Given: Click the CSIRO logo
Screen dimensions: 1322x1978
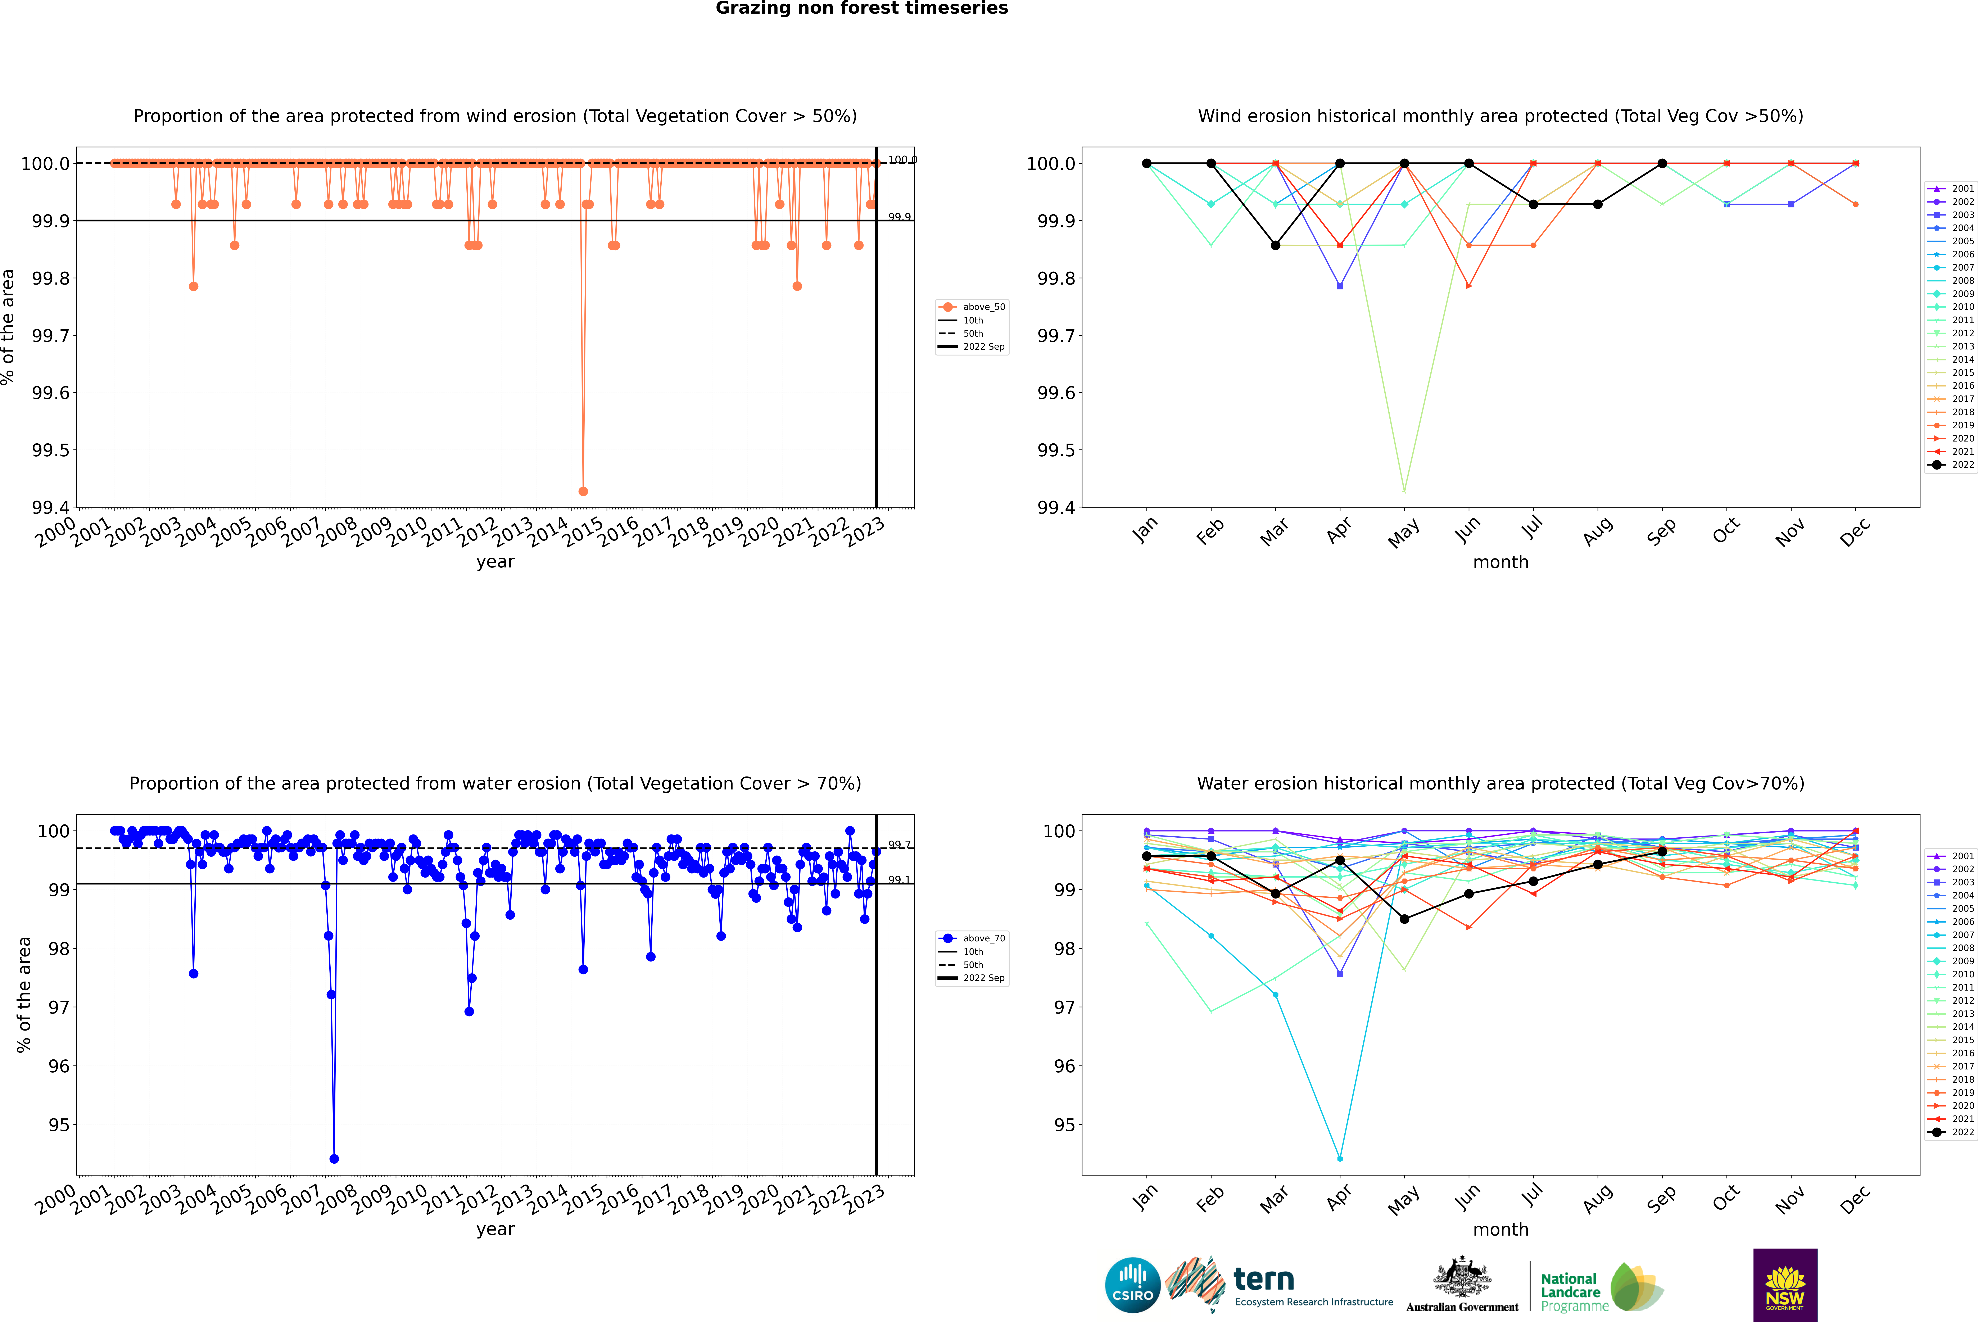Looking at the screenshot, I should (x=1132, y=1285).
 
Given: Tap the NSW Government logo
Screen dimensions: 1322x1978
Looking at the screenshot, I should (x=1785, y=1285).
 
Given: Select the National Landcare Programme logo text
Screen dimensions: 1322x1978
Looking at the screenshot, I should (x=1570, y=1292).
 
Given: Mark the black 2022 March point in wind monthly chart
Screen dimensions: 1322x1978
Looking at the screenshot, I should (x=1276, y=245).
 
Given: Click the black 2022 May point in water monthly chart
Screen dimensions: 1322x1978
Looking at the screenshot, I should (x=1404, y=919).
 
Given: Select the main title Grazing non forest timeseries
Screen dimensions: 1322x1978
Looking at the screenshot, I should (x=862, y=8).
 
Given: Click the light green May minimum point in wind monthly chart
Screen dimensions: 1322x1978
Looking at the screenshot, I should (x=1404, y=491).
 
